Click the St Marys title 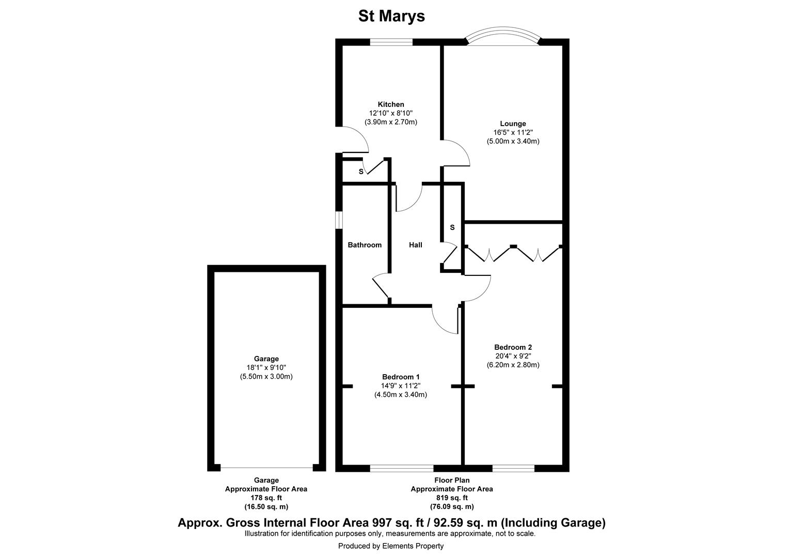391,16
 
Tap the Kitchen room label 391,104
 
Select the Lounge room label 513,123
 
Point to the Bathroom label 365,245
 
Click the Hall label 416,245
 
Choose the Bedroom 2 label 513,347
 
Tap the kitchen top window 391,42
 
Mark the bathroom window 339,219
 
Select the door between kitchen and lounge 455,153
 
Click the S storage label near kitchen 361,172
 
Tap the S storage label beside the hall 452,227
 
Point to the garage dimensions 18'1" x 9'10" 266,367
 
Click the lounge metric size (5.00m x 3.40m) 513,141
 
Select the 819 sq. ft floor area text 451,498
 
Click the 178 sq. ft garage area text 266,498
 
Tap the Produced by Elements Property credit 391,546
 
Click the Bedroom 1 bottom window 402,468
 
